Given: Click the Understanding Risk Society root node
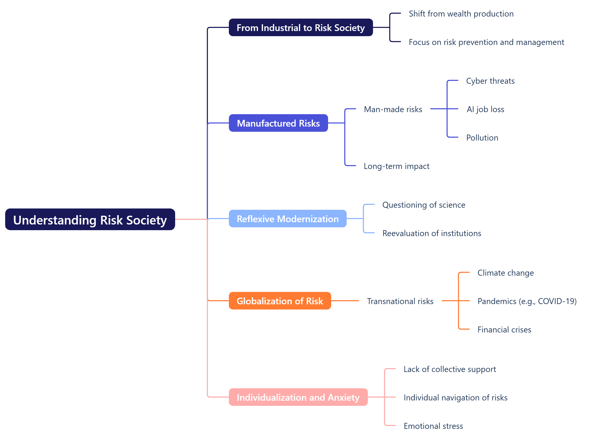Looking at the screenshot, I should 90,220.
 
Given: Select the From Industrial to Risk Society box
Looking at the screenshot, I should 301,28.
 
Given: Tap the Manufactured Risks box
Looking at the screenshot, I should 278,123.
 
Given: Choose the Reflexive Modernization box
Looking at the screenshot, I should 288,219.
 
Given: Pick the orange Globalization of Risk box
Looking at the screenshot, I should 280,301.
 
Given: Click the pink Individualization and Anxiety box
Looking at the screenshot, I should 298,398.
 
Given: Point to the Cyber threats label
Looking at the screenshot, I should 490,81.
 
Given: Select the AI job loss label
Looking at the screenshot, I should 485,109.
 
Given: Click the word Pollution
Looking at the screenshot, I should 482,138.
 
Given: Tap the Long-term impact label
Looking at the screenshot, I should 397,166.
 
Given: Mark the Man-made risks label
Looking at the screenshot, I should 393,109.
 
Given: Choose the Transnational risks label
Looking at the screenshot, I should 400,301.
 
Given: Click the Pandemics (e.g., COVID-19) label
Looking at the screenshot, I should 527,301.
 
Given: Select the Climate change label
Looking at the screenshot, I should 506,273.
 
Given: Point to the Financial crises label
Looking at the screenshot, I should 504,330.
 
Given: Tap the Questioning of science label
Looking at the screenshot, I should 424,205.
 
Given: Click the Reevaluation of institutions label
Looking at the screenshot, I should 432,233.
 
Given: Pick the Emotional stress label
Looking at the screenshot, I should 433,426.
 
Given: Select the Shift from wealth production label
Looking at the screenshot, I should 461,14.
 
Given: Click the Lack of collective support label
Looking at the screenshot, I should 450,369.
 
